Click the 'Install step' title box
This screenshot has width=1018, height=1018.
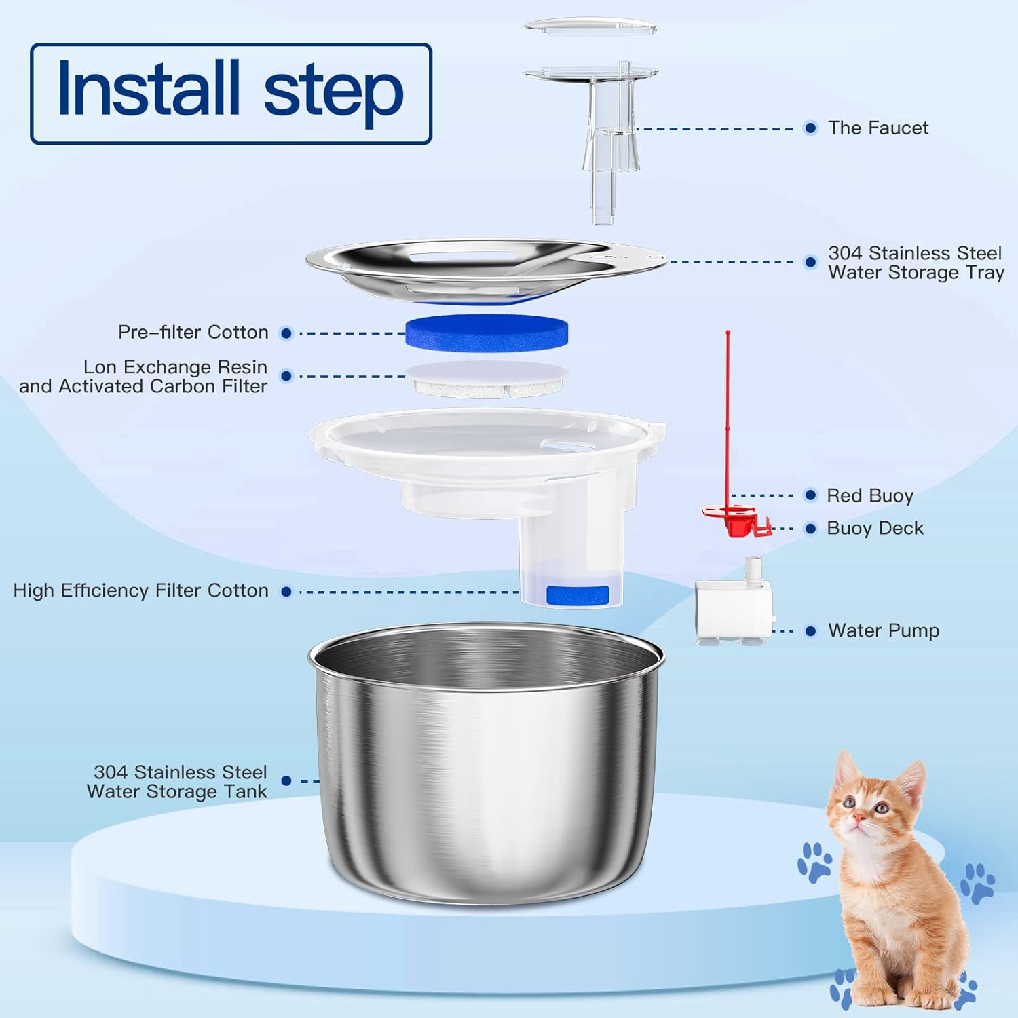coord(231,94)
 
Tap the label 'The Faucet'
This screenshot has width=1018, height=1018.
coord(878,128)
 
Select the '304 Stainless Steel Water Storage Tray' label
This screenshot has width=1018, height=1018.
coord(915,263)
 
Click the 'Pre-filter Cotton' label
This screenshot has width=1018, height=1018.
coord(193,332)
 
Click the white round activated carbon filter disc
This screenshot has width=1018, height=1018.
coord(487,379)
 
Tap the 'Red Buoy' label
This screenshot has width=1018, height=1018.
coord(869,495)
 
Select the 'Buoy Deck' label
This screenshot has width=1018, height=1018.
coord(875,528)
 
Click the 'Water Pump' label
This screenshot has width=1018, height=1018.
coord(883,630)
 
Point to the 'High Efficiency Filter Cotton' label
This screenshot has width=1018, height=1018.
coord(140,590)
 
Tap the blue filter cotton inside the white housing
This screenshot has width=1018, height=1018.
coord(577,595)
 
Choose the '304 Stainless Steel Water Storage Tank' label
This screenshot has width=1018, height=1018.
coord(178,782)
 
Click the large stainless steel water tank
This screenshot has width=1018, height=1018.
coord(487,767)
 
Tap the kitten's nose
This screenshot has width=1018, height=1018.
coord(859,819)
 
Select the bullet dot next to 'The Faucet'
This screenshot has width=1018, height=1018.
coord(810,128)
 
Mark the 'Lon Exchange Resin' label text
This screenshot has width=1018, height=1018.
coord(175,367)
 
